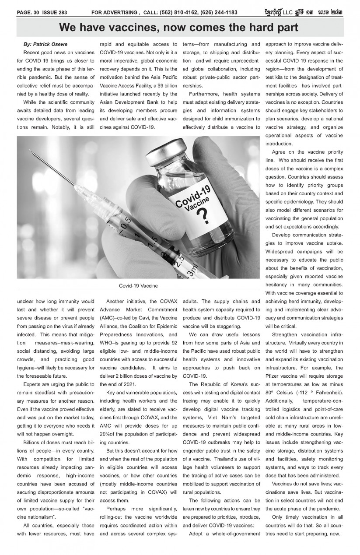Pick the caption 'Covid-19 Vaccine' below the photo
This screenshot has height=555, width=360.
click(138, 286)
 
